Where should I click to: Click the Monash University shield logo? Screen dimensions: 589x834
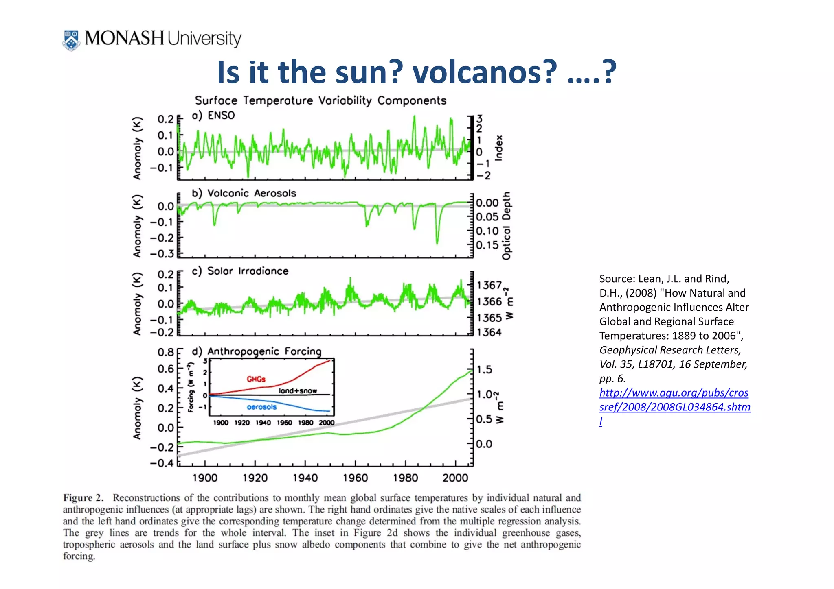click(72, 40)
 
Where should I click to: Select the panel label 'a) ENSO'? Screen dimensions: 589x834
click(213, 116)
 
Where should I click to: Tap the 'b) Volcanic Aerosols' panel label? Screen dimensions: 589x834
click(244, 193)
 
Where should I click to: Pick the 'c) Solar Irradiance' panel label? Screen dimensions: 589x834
click(240, 271)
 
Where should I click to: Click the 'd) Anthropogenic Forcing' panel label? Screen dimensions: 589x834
click(257, 351)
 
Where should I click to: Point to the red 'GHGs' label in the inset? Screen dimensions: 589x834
click(256, 379)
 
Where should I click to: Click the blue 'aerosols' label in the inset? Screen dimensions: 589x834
click(261, 407)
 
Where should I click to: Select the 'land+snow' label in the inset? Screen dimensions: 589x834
click(298, 391)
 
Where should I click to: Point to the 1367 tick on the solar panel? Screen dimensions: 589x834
click(489, 285)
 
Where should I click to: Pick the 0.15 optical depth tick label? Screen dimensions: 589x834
click(487, 245)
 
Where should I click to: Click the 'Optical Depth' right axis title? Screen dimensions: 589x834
click(506, 226)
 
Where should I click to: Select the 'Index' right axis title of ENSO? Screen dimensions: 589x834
click(499, 148)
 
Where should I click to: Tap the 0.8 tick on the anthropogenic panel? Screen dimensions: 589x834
click(165, 352)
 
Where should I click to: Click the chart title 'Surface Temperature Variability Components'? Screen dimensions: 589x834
click(320, 100)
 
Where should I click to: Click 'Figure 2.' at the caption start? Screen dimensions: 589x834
click(83, 498)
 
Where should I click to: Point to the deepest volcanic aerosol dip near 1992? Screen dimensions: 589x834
click(437, 243)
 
